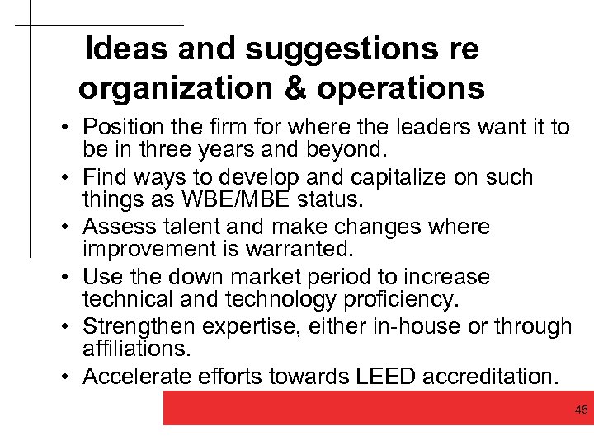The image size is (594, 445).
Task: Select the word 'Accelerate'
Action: [x=136, y=377]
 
